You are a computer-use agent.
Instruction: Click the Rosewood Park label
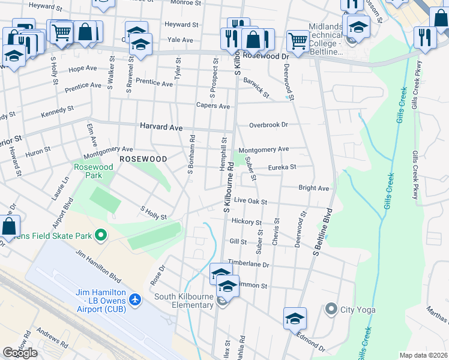click(93, 171)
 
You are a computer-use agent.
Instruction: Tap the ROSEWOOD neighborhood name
click(143, 159)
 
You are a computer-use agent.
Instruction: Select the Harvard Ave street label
click(161, 127)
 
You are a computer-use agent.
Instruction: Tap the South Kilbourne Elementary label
click(184, 301)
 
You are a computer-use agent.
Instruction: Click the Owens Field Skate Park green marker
click(100, 235)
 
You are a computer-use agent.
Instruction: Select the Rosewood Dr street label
click(268, 56)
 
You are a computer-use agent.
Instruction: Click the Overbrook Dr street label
click(269, 125)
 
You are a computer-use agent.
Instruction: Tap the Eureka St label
click(282, 167)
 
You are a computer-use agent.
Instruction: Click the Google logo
click(20, 352)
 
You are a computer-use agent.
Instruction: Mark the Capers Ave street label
click(213, 106)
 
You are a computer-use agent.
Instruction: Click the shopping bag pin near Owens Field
click(9, 227)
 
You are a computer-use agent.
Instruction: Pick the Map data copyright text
click(423, 355)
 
